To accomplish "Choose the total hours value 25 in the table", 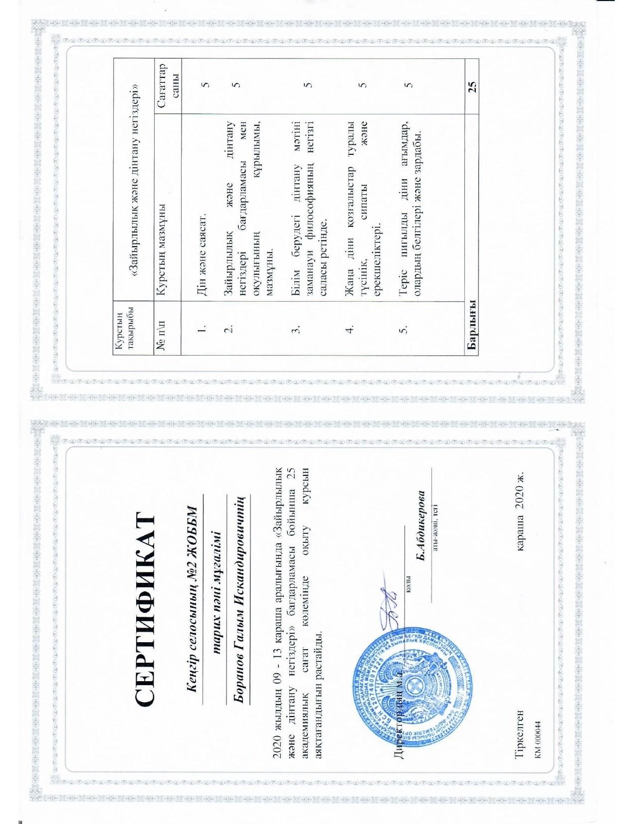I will [472, 86].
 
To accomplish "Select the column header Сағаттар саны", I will [168, 86].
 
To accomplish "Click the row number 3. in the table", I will [296, 330].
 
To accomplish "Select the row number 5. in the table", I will [404, 330].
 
